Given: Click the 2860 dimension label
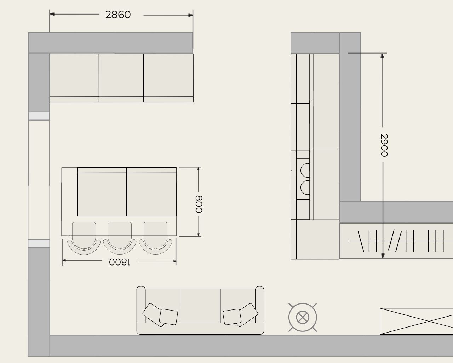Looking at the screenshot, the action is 118,15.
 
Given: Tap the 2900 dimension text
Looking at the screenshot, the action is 384,145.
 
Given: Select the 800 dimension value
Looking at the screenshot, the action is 199,204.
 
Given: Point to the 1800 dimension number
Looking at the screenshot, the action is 120,262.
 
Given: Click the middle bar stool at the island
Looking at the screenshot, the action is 120,238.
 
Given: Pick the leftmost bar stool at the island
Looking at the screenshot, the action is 84,238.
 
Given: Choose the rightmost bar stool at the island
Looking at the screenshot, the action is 155,238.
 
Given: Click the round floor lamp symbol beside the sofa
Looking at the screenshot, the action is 303,317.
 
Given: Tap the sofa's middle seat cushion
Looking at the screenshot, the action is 200,306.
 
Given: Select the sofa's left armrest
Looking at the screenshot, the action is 141,305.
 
